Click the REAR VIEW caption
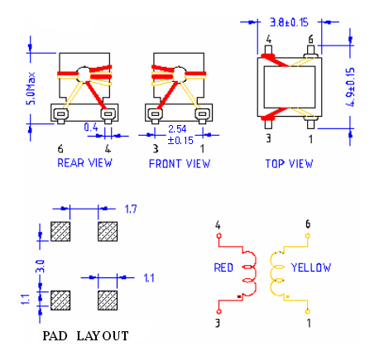[84, 163]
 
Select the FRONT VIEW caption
[180, 163]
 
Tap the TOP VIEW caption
[289, 163]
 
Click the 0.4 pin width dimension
[93, 128]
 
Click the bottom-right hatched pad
[108, 299]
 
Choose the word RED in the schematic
[225, 267]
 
